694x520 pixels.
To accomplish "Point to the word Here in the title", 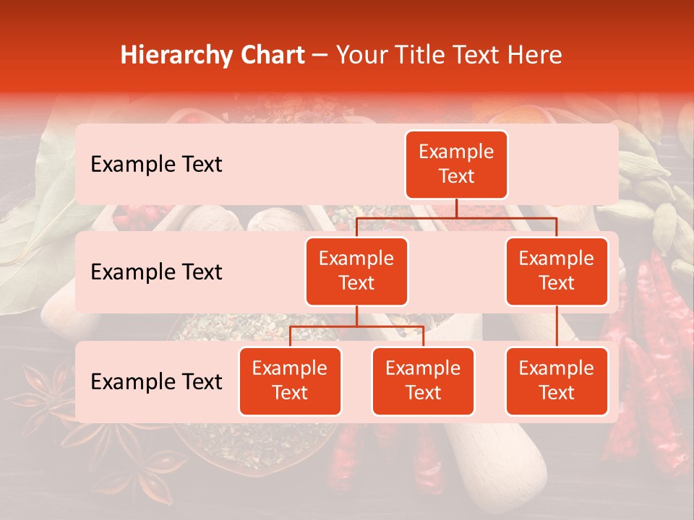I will coord(534,55).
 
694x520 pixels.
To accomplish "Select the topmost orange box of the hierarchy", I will coord(456,164).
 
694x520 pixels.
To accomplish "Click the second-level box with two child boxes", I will coord(356,271).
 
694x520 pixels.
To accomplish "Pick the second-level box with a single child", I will coord(557,271).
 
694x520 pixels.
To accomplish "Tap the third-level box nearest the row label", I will coord(290,381).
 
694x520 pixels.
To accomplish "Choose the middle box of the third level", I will coord(423,381).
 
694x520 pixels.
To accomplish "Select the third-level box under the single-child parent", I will coord(557,381).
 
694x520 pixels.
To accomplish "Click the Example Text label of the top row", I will coord(156,165).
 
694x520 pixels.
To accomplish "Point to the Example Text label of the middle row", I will coord(156,272).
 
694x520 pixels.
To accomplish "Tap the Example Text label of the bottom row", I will coord(156,381).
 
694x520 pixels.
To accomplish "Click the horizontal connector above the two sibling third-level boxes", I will coord(356,326).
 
